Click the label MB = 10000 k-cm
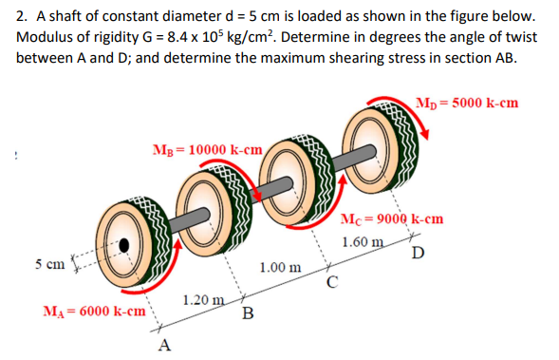pos(208,149)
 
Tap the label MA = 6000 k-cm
pos(94,311)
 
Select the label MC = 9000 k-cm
pos(392,221)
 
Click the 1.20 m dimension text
pos(201,301)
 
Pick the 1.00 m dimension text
pos(282,269)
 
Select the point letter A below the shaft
pos(165,343)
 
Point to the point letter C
pos(331,282)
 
